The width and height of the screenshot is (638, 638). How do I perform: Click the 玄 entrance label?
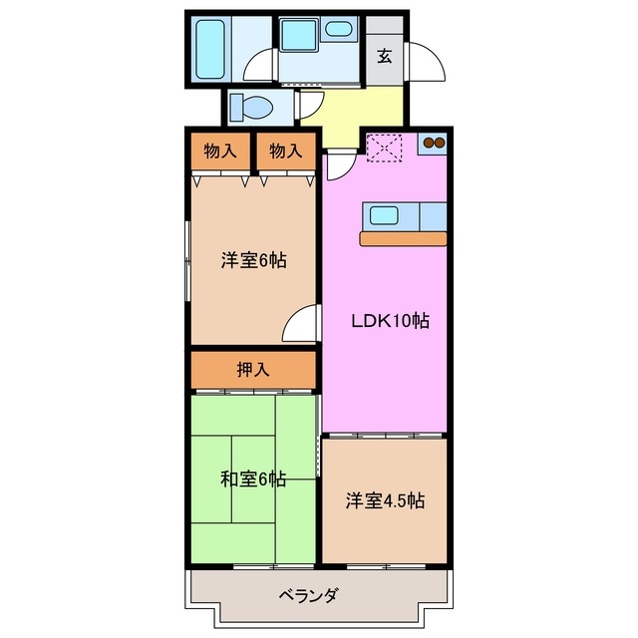pos(384,56)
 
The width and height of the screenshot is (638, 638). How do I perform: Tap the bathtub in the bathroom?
pos(210,47)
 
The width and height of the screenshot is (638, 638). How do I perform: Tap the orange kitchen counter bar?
pos(404,238)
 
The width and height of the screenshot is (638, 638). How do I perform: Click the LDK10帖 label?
pos(389,322)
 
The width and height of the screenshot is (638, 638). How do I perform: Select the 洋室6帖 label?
pos(254,261)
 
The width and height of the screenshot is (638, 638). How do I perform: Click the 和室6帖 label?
pos(253,479)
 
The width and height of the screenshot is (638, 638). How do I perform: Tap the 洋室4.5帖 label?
pos(385,500)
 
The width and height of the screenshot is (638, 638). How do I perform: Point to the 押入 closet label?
pos(253,369)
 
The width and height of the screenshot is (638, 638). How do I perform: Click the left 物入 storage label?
pos(220,152)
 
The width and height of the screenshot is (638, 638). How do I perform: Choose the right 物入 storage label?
pos(284,152)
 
